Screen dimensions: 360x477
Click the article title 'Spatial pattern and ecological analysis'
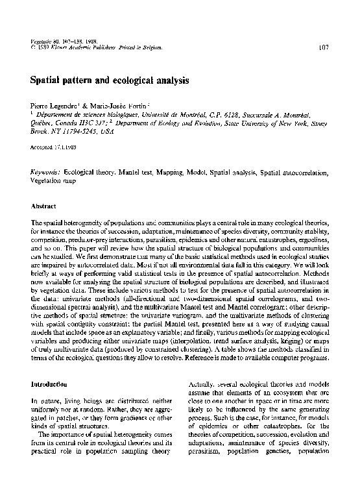click(110, 82)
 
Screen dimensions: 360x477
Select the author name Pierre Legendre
click(53, 105)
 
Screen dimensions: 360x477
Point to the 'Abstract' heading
click(43, 206)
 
